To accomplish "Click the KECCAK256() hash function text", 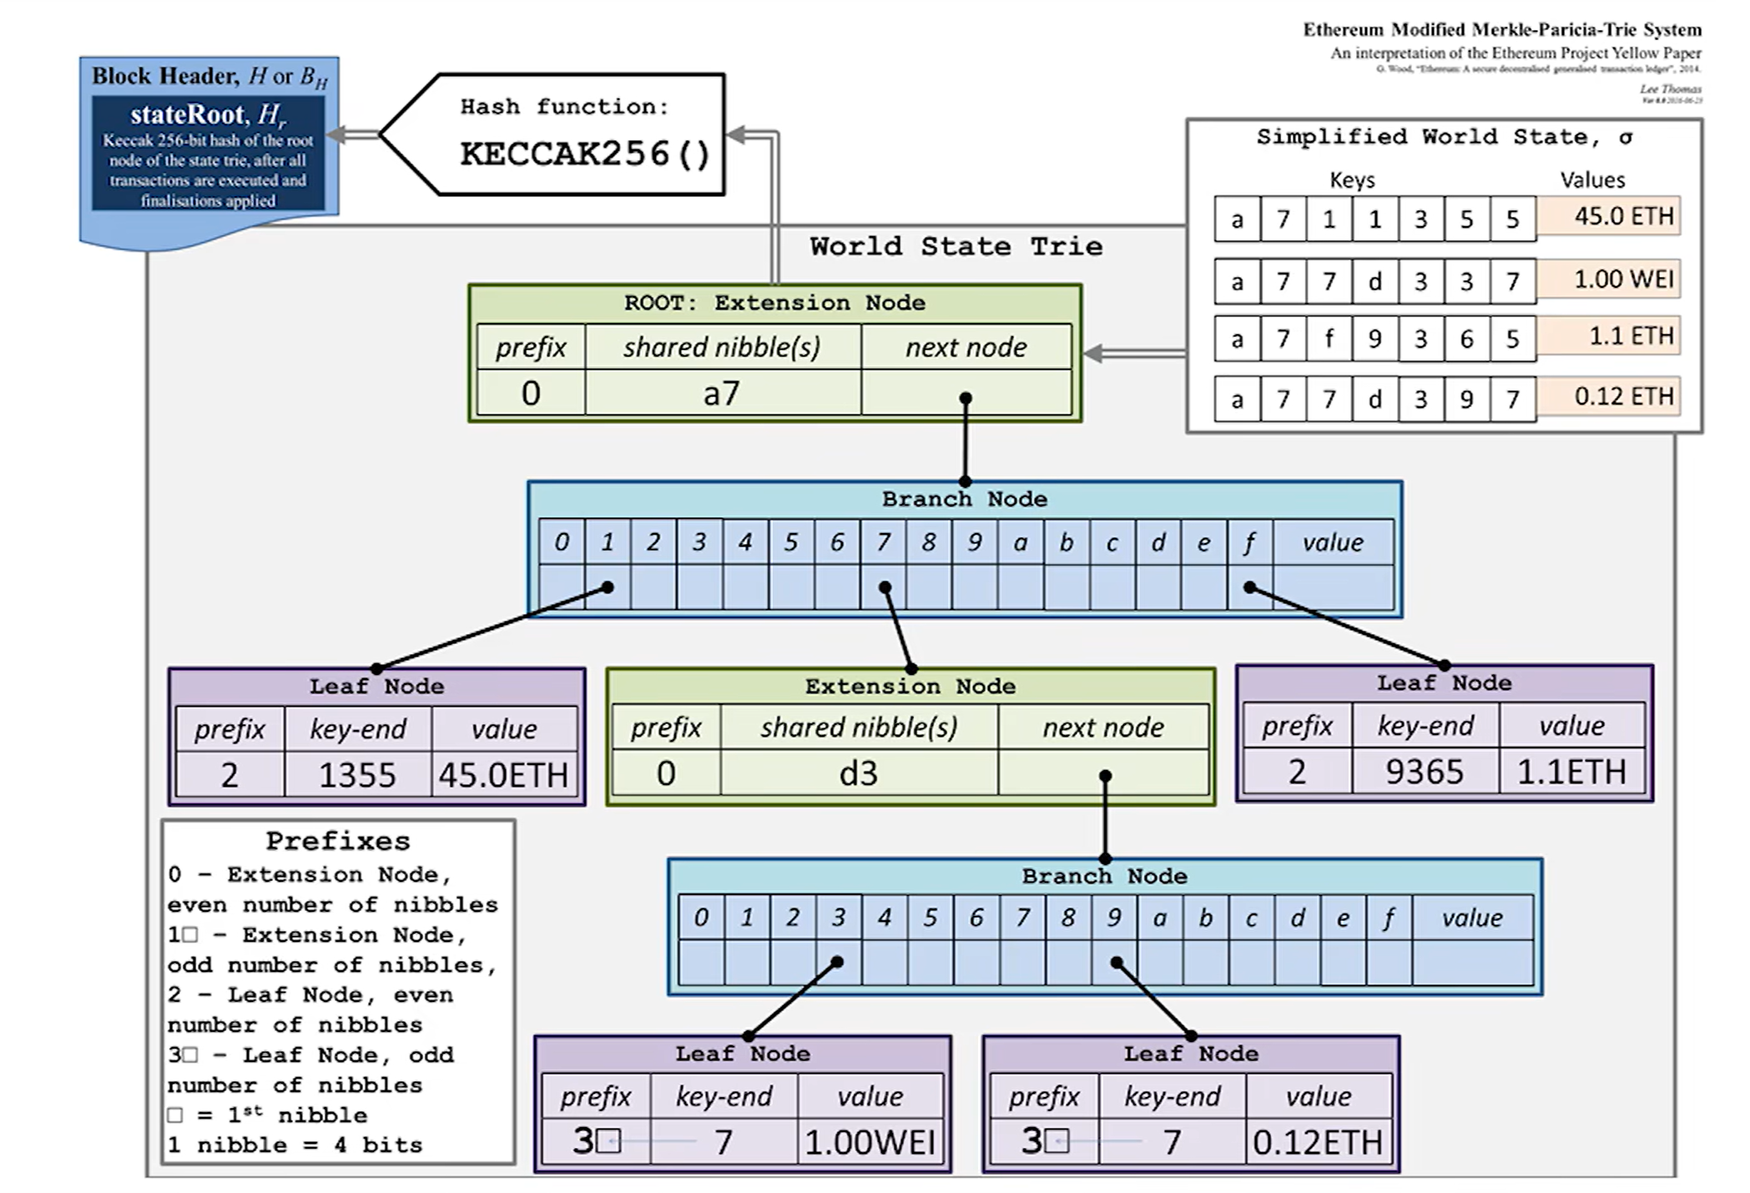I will (584, 154).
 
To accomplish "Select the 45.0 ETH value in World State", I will (1623, 217).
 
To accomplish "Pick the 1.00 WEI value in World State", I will (1623, 279).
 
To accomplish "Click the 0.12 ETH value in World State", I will (1623, 396).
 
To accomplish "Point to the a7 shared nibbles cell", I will (722, 393).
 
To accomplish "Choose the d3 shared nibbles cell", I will (859, 773).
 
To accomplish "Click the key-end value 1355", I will (357, 775).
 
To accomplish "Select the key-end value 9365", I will (1425, 772).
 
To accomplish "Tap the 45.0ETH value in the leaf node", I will (503, 775).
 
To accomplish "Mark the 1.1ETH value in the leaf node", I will (1571, 772).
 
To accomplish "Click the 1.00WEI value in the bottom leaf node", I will (870, 1142).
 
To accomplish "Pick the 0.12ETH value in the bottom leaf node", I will (1318, 1142).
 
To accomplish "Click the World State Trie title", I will (956, 246).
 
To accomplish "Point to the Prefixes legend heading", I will (338, 841).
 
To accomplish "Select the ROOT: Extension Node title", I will (774, 303).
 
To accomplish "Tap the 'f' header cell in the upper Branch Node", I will (1249, 543).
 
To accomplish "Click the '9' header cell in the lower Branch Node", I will (1114, 919).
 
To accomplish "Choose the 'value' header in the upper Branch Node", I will (1333, 543).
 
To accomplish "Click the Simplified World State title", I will (1444, 138).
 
